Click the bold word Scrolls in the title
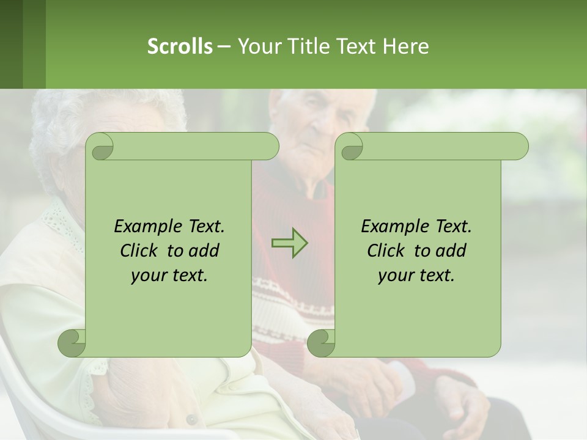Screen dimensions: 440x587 (x=180, y=46)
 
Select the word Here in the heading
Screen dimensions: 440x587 (x=405, y=46)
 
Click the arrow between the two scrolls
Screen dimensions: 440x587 (x=289, y=243)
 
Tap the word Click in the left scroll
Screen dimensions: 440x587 (x=141, y=251)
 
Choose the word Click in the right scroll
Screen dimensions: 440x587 (x=388, y=251)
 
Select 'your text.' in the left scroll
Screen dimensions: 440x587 (x=169, y=276)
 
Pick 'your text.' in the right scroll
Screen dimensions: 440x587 (x=416, y=276)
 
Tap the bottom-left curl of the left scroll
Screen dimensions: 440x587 (x=72, y=343)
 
